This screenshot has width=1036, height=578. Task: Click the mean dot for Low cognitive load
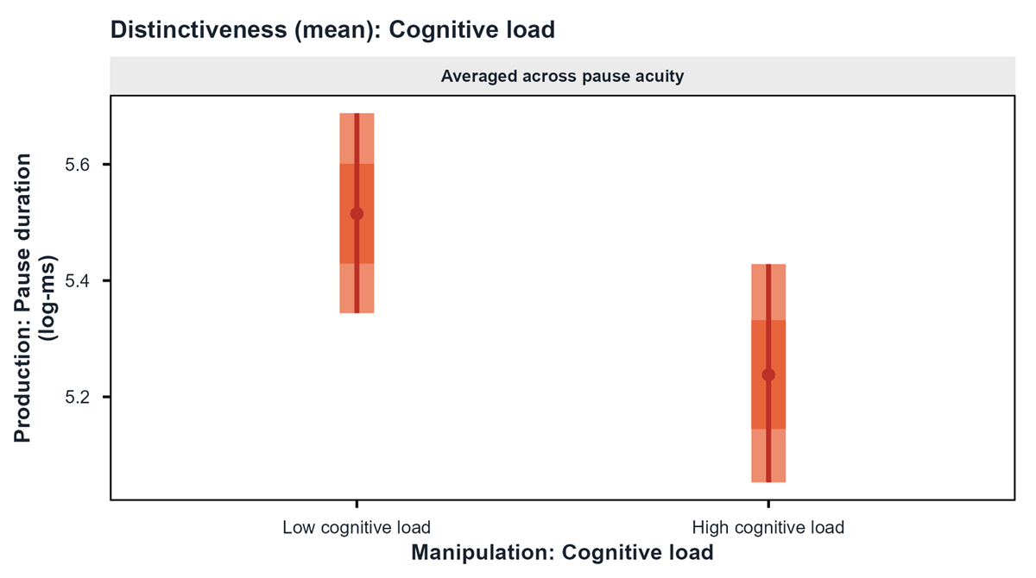(357, 214)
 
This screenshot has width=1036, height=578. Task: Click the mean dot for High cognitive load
(768, 374)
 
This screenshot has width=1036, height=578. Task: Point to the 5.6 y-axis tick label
(77, 165)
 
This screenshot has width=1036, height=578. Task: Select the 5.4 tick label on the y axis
(77, 281)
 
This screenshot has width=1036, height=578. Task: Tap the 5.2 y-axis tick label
(77, 397)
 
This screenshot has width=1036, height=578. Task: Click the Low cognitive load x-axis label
(357, 527)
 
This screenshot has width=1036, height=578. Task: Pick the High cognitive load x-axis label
(768, 527)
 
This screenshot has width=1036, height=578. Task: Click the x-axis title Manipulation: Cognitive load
(562, 553)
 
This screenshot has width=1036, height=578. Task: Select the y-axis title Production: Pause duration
(22, 298)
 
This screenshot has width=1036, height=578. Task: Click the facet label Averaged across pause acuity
(562, 76)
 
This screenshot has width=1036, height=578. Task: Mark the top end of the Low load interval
(357, 113)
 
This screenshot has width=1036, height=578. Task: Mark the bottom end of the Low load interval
(357, 313)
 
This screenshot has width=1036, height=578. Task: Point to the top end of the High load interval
(768, 264)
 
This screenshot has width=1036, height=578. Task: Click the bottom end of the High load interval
(768, 482)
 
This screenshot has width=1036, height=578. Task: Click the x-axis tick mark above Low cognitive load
(357, 504)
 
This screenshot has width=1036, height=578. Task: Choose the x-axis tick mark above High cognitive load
(768, 504)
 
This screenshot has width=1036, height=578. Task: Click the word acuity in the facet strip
(660, 77)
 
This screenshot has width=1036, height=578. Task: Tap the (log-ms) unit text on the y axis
(48, 298)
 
